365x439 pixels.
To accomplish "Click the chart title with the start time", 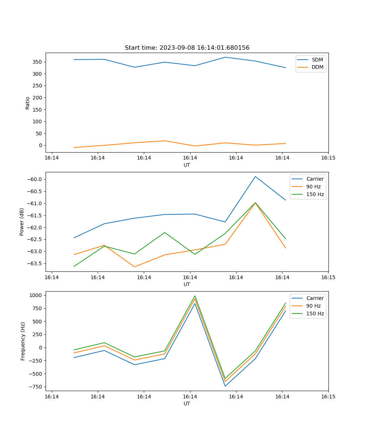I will click(x=187, y=48).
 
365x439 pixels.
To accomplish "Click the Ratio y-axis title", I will click(x=28, y=103).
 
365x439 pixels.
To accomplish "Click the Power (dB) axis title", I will click(x=22, y=222).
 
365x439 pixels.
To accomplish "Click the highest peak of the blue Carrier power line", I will click(x=255, y=177).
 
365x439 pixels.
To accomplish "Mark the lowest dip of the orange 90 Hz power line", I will click(x=134, y=267).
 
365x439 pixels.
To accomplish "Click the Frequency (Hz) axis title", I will click(x=23, y=341).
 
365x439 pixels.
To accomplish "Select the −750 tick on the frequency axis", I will click(x=35, y=387).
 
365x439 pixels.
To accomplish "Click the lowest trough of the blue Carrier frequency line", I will click(x=225, y=386).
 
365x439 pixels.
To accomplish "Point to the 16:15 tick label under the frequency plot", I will click(x=328, y=396).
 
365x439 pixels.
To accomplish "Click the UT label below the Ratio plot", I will click(x=187, y=165).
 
